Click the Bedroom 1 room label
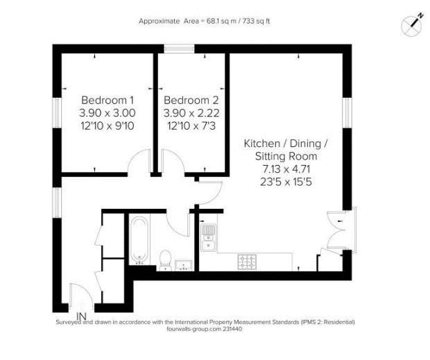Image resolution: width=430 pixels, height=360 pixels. point(108,100)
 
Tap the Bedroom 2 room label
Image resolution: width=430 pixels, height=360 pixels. point(191,100)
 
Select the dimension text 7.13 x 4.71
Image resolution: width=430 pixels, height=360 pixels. point(286,169)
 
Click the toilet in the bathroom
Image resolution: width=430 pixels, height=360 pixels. point(165,260)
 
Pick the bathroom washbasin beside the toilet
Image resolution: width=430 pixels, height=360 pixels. point(184,264)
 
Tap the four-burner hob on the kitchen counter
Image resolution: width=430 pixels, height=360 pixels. point(247,262)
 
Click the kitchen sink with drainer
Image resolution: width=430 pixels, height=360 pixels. point(209,237)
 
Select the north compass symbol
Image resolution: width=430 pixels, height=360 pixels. point(412,25)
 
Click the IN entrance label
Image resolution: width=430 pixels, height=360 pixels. point(81,316)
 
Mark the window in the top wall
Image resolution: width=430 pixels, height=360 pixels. point(179,49)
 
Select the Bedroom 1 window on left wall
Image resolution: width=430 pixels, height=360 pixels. point(57,112)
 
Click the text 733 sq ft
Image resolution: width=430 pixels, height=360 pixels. point(256,21)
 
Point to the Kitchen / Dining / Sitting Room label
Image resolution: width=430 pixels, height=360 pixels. point(286,150)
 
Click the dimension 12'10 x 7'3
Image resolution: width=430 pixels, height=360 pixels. point(191,126)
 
